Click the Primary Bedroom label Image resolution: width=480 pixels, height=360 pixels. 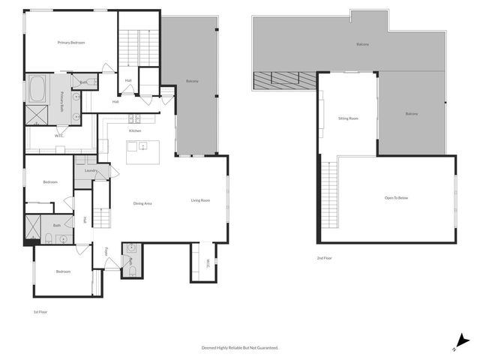pyautogui.click(x=71, y=43)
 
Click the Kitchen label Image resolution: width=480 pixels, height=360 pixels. pyautogui.click(x=135, y=130)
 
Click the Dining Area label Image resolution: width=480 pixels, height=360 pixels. pyautogui.click(x=143, y=203)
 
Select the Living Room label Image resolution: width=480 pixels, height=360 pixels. pyautogui.click(x=199, y=200)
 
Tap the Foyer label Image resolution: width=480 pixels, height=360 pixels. pyautogui.click(x=106, y=250)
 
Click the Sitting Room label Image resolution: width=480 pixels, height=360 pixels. pyautogui.click(x=348, y=118)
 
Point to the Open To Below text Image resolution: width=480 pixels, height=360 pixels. pyautogui.click(x=396, y=198)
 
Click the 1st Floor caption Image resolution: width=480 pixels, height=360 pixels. pyautogui.click(x=40, y=311)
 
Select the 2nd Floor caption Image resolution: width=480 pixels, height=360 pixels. pyautogui.click(x=325, y=258)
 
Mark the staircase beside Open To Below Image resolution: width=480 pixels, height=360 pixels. pyautogui.click(x=329, y=194)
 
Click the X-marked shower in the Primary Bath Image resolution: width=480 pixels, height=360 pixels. pyautogui.click(x=36, y=114)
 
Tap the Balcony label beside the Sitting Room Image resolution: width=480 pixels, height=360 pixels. pyautogui.click(x=412, y=114)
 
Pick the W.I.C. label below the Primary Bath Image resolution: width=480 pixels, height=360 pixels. pyautogui.click(x=58, y=136)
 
